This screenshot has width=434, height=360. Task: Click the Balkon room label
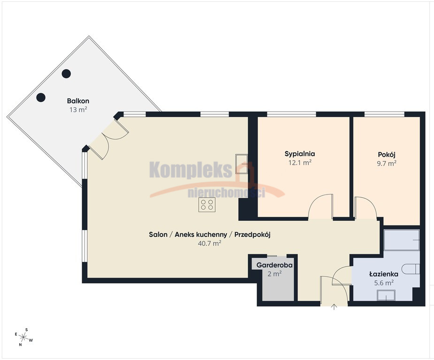[78, 101]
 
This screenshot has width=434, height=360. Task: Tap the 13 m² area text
[78, 110]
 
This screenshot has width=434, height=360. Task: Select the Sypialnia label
[300, 154]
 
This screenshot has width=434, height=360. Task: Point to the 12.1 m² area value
[300, 162]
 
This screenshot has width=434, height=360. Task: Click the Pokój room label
[387, 155]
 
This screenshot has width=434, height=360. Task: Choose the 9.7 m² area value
[387, 163]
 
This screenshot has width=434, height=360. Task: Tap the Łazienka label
[384, 274]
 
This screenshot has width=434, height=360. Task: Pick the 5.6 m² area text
[384, 283]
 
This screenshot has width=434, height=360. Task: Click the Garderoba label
[274, 265]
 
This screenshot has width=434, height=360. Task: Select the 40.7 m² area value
[210, 243]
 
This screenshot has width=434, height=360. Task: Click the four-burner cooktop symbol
[207, 205]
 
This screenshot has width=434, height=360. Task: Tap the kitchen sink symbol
[242, 164]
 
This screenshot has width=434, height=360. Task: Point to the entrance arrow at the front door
[334, 307]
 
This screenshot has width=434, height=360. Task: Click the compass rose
[24, 337]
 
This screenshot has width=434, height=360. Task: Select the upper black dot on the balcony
[66, 74]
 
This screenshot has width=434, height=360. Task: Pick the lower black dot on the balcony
[41, 97]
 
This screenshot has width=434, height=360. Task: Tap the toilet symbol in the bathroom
[411, 269]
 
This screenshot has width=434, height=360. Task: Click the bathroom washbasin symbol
[386, 295]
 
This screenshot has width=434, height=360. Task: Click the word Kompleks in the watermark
[190, 170]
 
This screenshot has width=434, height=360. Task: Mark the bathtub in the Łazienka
[402, 240]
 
